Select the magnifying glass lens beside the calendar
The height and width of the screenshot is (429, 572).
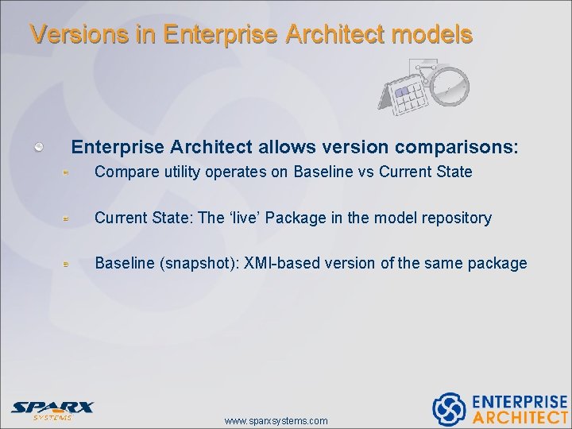(x=450, y=85)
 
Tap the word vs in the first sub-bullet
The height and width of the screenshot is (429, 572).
(x=361, y=172)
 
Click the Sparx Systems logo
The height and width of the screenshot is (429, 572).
(x=52, y=409)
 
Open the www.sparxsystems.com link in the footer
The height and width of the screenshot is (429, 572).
(x=276, y=420)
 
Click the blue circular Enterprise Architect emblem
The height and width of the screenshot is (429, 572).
(x=448, y=408)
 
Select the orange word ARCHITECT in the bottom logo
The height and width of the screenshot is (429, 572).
(x=520, y=417)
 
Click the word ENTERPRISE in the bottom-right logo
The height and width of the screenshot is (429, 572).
(x=520, y=401)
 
